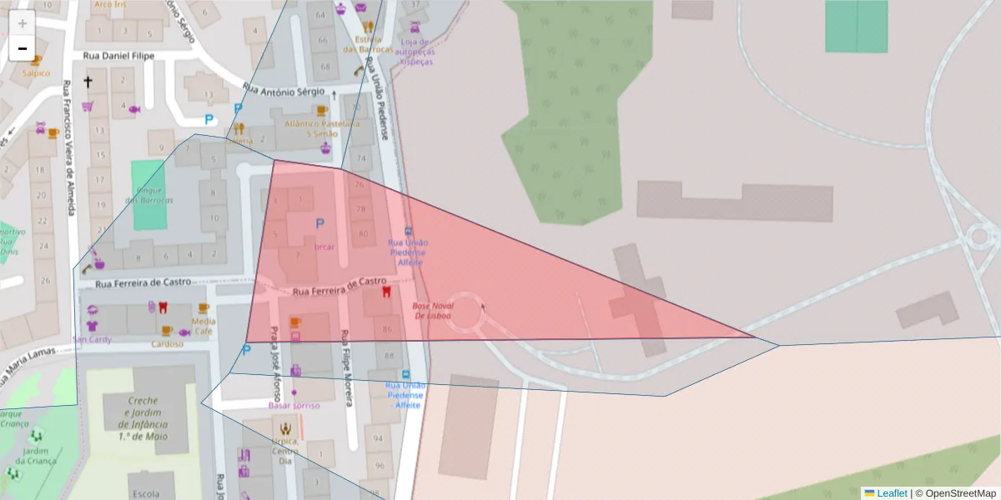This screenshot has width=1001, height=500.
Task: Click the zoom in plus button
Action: (23, 23)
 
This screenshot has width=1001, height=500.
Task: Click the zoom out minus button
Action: (23, 48)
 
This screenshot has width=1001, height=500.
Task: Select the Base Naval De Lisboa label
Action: (431, 311)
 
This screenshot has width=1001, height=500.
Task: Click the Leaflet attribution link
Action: (892, 492)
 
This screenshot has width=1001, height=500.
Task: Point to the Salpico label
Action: (36, 72)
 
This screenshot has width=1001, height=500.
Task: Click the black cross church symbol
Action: (88, 82)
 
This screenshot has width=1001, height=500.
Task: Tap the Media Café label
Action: (204, 326)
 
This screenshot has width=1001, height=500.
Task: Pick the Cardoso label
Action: (167, 343)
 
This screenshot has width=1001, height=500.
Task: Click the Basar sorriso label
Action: (294, 405)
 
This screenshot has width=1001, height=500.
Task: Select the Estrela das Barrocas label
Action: (368, 44)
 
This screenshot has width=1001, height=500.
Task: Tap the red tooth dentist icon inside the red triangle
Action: (386, 292)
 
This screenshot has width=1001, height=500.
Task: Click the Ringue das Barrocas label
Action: (149, 195)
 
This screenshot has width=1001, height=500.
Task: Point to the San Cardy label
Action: (92, 339)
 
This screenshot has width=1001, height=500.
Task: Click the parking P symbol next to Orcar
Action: (319, 223)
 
